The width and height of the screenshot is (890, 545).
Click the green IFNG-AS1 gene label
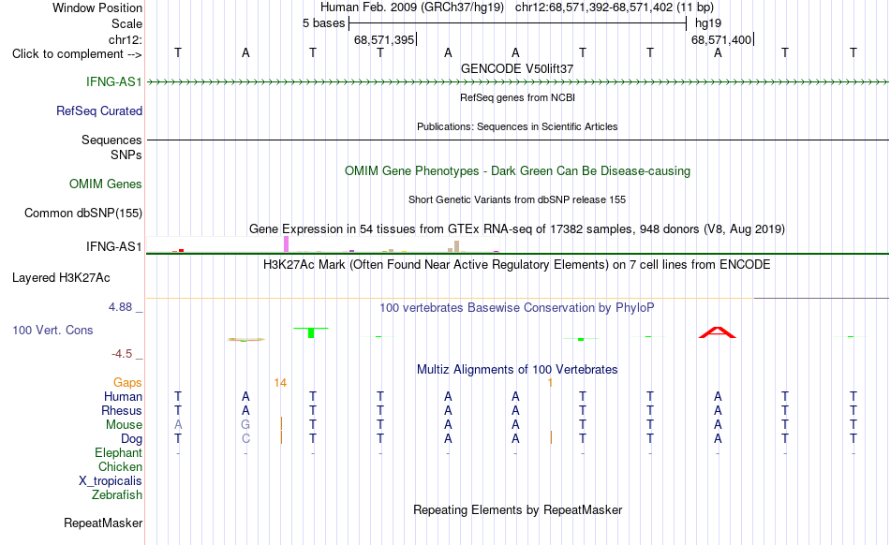(x=113, y=81)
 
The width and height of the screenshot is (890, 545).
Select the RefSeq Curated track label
(x=99, y=110)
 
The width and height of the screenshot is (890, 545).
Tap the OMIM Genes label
(x=106, y=184)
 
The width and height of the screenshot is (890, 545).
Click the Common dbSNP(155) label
(x=83, y=214)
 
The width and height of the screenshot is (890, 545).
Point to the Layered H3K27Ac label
(x=61, y=278)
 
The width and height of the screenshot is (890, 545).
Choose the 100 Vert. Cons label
(x=52, y=330)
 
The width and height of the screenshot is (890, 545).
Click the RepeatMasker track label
(x=103, y=523)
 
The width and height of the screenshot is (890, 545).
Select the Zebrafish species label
(x=117, y=495)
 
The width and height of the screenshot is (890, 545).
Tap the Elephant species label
(x=119, y=452)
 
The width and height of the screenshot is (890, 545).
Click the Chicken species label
(x=120, y=466)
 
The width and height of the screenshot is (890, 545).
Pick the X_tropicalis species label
(x=111, y=481)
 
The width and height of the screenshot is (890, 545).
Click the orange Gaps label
(x=127, y=383)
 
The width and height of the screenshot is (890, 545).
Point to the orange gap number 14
(x=280, y=383)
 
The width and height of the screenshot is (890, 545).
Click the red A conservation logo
(x=718, y=332)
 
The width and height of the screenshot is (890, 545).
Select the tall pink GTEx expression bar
(x=286, y=244)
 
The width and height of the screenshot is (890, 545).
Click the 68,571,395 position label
(x=384, y=40)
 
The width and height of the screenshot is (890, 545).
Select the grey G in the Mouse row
(x=245, y=425)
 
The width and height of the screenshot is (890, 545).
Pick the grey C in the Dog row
(x=245, y=438)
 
